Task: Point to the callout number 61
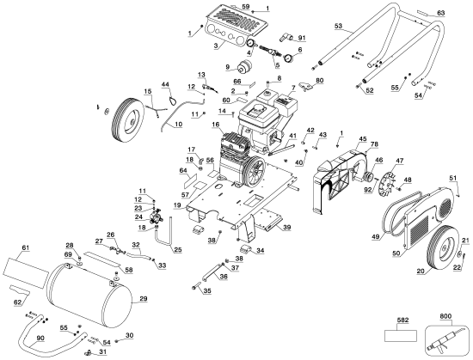click(x=24, y=248)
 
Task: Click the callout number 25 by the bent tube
click(x=178, y=250)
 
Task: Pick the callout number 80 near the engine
click(x=319, y=80)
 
